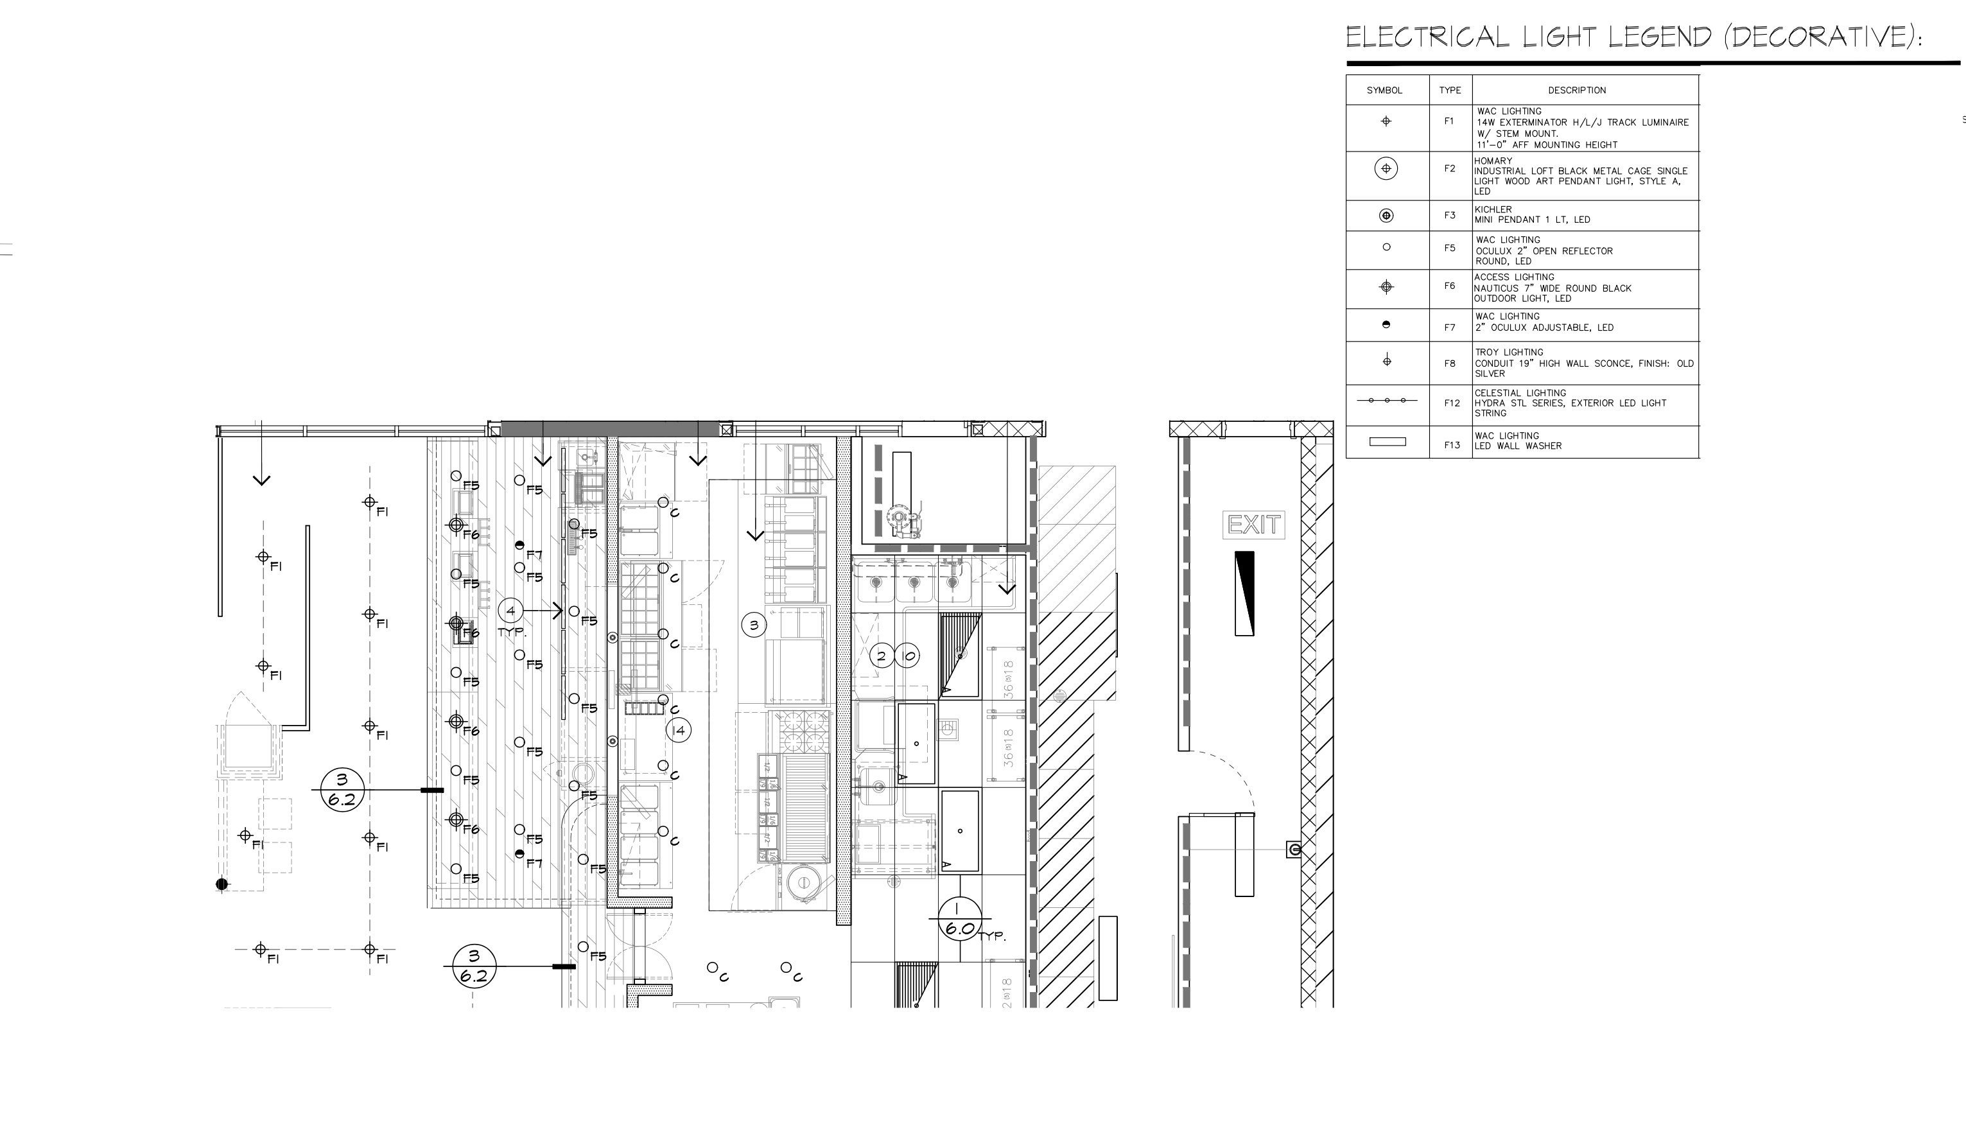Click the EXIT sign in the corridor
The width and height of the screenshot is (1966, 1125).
pos(1253,525)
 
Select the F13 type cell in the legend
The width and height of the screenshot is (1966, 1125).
pos(1450,445)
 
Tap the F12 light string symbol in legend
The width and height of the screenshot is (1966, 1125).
pos(1387,400)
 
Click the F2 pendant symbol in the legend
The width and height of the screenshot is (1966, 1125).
pos(1386,168)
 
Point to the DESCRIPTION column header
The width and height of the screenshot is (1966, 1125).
pos(1577,91)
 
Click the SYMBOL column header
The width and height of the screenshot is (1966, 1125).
pos(1384,91)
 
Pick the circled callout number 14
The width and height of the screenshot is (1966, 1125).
pos(678,730)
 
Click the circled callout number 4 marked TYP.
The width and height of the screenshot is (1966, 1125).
pos(510,611)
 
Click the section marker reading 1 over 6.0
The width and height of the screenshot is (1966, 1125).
pos(959,919)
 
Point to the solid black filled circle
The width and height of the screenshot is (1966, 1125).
pos(222,884)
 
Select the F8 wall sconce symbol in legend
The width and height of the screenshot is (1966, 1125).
pos(1387,360)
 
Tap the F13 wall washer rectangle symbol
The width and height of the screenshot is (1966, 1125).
pos(1388,442)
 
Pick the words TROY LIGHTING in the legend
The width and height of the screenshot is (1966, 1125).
pos(1506,353)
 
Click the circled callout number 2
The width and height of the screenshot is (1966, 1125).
pos(881,656)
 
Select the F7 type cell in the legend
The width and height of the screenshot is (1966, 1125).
pos(1450,327)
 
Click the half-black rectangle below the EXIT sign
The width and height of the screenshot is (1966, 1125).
pos(1244,593)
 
